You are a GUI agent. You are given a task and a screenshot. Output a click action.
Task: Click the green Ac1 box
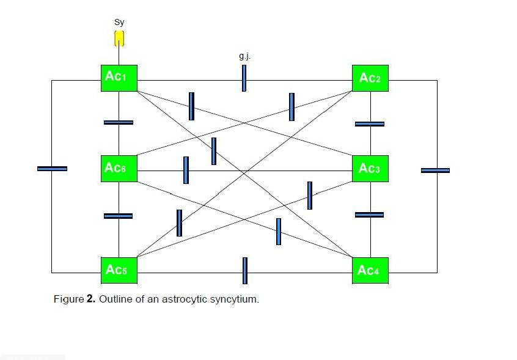tap(119, 78)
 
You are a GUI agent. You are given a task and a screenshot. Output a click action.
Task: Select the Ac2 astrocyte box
tap(370, 78)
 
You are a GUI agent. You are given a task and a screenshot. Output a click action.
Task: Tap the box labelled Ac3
tap(370, 168)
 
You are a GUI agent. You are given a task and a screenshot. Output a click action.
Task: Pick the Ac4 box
tap(370, 270)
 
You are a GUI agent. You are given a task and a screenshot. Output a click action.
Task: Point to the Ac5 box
tap(119, 270)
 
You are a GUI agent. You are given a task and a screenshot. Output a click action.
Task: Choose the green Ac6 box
tap(119, 168)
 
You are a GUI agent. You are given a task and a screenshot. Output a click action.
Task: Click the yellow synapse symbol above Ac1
tap(119, 38)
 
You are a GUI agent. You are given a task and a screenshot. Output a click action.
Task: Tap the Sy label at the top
tap(119, 23)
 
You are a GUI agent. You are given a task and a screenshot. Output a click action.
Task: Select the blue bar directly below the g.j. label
tap(244, 78)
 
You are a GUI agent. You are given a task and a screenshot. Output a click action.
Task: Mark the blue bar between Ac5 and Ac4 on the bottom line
tap(245, 271)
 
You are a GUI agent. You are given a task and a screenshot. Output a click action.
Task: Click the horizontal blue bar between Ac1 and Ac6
tap(119, 122)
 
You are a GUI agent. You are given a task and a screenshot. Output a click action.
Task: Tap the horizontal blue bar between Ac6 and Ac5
tap(119, 216)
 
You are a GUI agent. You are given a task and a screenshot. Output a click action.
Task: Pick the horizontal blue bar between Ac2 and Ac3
tap(370, 124)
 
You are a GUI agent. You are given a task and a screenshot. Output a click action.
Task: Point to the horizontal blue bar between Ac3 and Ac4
tap(370, 215)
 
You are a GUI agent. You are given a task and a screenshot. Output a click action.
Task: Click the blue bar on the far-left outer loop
tap(52, 168)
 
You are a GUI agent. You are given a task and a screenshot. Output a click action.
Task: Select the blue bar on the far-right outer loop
tap(435, 170)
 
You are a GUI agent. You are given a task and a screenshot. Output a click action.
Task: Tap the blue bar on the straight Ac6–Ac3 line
tap(186, 170)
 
